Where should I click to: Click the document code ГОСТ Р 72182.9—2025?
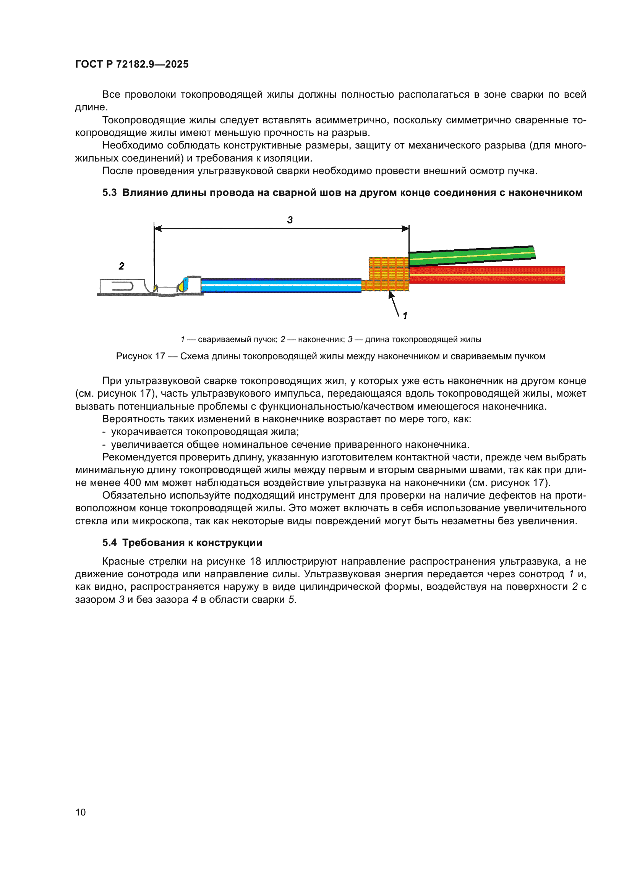click(x=131, y=64)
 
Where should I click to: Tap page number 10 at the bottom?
click(x=80, y=812)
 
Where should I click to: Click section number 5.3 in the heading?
click(x=109, y=192)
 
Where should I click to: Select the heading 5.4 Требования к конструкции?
click(x=182, y=543)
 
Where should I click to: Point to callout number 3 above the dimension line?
click(x=290, y=220)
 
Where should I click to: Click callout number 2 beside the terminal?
click(x=122, y=266)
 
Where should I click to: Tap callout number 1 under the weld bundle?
click(x=405, y=316)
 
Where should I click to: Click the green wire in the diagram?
click(x=471, y=255)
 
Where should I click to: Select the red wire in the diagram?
click(x=486, y=275)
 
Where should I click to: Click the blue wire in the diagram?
click(x=280, y=285)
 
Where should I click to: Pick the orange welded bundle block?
click(x=388, y=274)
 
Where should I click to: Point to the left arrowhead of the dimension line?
click(x=157, y=229)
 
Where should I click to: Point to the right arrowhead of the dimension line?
click(x=405, y=229)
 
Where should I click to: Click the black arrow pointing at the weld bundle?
click(x=394, y=304)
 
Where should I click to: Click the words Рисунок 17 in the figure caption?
click(x=141, y=356)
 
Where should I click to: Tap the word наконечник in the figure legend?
click(x=321, y=339)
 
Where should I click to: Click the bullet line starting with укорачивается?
click(x=205, y=432)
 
